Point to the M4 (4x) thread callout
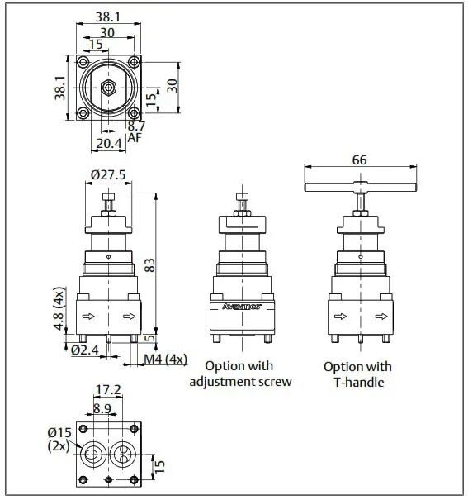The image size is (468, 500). (x=165, y=359)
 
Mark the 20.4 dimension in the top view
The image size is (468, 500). (x=109, y=143)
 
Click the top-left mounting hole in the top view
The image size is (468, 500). (x=83, y=63)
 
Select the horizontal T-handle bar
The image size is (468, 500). (x=358, y=189)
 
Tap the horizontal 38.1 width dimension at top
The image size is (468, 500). (x=108, y=16)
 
